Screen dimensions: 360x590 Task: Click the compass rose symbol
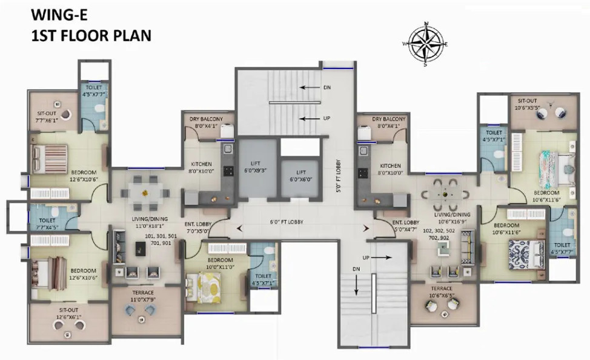click(426, 44)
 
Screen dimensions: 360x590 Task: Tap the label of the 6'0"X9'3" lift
click(259, 166)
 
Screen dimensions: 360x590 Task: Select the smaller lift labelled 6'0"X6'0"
click(298, 176)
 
